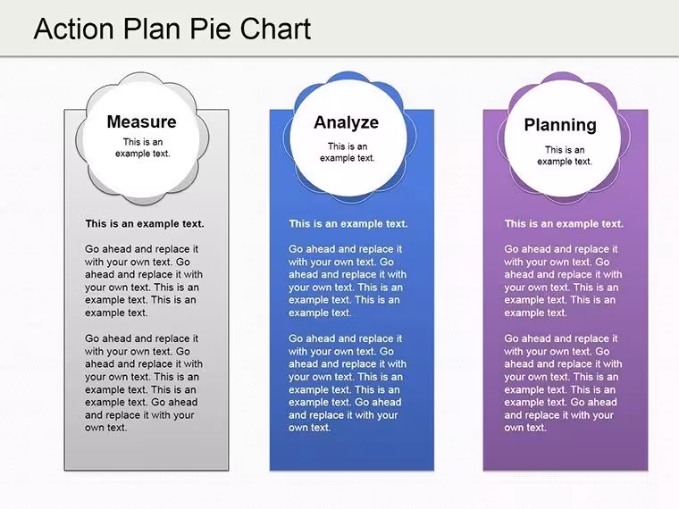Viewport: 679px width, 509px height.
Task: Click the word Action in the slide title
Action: coord(73,29)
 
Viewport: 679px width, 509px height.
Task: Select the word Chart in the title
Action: coord(275,29)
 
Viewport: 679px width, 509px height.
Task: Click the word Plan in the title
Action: coord(151,29)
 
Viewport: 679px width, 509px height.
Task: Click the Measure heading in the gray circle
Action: coord(141,121)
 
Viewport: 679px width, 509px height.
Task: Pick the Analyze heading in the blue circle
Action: coord(347,122)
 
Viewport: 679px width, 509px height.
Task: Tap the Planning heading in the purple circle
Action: coord(560,125)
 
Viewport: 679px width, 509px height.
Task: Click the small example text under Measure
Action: coord(142,147)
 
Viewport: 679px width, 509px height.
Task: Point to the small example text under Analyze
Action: coord(348,153)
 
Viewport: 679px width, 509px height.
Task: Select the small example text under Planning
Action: coord(565,155)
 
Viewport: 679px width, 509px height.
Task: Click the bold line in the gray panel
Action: coord(145,224)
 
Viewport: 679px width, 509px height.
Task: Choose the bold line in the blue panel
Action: coord(348,224)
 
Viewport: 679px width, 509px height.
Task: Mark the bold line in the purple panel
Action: coord(564,224)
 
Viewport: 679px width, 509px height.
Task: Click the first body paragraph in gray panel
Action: coord(144,281)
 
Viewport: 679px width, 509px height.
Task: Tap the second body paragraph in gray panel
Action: coord(144,383)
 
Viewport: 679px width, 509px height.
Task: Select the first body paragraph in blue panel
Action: coord(348,281)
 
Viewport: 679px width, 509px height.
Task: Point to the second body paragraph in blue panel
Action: coord(348,383)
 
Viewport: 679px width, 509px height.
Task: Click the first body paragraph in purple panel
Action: coord(563,281)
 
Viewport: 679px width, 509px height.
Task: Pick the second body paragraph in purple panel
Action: coord(563,383)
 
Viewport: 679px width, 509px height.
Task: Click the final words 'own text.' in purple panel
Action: coord(525,428)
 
